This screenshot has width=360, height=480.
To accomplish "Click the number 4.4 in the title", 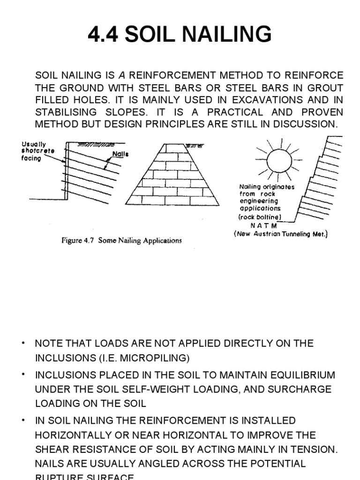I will (104, 34).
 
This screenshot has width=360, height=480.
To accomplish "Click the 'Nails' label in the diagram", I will (120, 154).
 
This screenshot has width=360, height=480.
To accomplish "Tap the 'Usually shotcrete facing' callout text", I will (37, 151).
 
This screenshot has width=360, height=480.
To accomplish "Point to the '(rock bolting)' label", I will (260, 217).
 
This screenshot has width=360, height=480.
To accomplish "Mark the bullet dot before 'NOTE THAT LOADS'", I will (22, 344).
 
